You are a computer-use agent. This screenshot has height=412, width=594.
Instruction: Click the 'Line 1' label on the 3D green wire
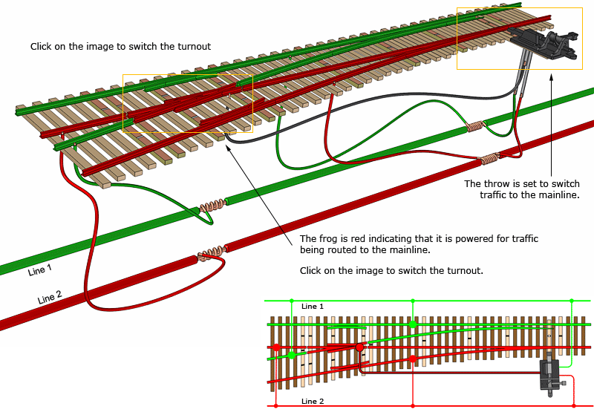40,270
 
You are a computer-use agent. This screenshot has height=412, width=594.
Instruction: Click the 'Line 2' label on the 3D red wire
50,298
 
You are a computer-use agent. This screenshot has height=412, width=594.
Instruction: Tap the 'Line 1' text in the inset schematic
313,307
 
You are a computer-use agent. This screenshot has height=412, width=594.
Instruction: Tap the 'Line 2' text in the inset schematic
313,402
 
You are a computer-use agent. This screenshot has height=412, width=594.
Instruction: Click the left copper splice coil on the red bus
212,252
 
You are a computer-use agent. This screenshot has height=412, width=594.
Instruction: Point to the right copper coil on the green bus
474,127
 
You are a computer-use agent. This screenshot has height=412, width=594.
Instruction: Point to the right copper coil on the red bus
489,159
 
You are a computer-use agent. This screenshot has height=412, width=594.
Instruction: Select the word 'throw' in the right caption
495,184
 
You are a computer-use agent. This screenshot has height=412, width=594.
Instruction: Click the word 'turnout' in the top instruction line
194,47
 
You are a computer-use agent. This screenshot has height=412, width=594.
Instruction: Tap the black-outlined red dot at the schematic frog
359,347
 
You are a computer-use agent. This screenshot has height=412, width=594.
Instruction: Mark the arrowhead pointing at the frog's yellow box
227,148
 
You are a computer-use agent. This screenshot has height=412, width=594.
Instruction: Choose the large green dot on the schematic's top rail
412,324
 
